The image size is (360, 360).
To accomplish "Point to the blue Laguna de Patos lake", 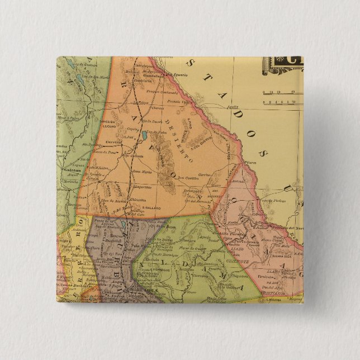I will coord(144,135).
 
